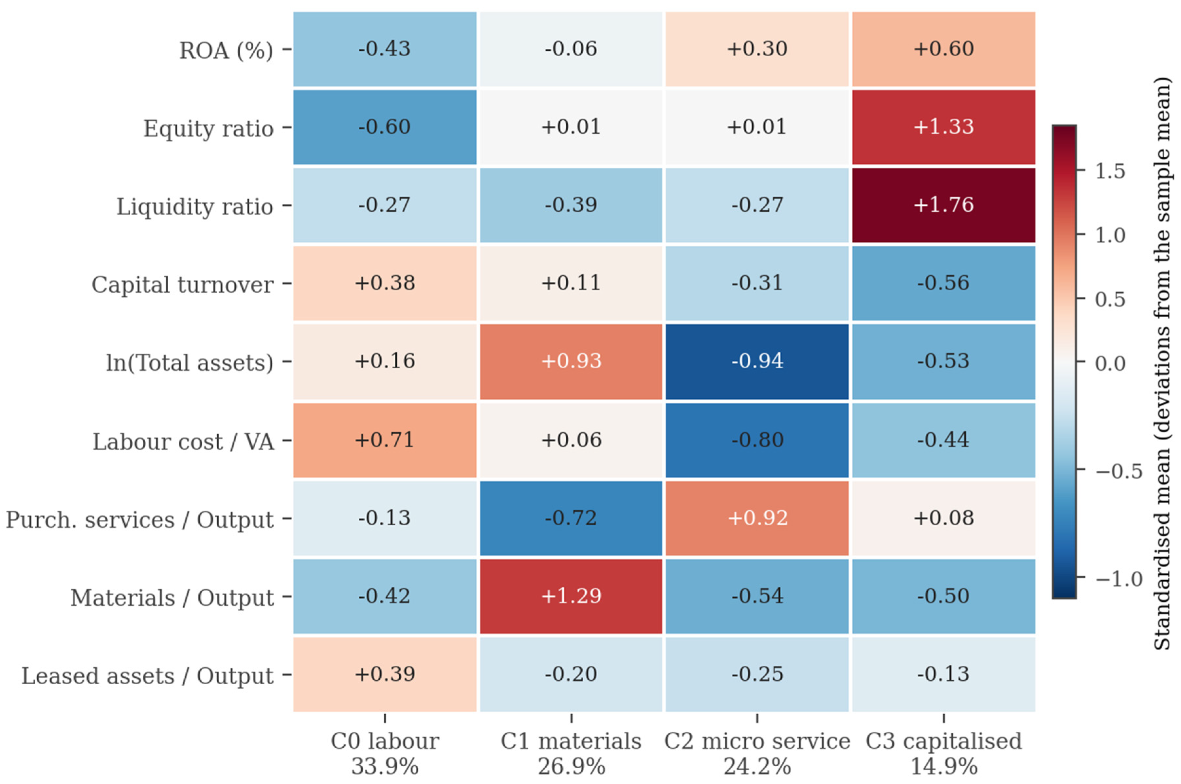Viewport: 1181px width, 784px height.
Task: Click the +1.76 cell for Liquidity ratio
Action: coord(943,205)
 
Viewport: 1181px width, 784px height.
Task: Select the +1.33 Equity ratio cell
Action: coord(943,127)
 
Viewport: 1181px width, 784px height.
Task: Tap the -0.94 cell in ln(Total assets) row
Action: coord(757,361)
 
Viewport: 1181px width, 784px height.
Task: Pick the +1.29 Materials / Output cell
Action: coord(571,596)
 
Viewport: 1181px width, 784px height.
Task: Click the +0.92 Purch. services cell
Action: coord(757,518)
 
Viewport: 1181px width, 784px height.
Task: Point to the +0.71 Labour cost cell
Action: coord(385,440)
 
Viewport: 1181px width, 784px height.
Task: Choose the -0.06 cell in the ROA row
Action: coord(571,49)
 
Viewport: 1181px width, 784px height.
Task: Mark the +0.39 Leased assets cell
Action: coord(385,674)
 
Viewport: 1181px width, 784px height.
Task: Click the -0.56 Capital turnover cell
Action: coord(943,283)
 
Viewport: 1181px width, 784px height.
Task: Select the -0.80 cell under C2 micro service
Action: coord(757,440)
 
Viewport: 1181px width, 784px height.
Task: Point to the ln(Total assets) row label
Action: coord(190,362)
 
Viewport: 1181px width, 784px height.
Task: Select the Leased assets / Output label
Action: coord(147,675)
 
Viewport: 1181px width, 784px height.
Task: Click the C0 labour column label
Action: coord(385,741)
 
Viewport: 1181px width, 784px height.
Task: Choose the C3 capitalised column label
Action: coord(943,741)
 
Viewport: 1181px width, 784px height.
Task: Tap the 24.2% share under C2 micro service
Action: coord(757,766)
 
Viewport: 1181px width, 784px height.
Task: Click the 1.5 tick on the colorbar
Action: coord(1110,171)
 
